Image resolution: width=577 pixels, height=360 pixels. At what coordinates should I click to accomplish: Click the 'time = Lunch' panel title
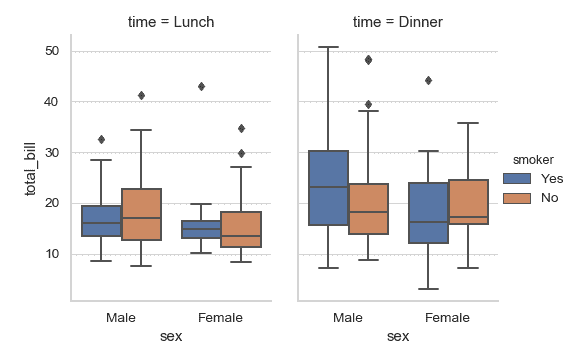click(170, 21)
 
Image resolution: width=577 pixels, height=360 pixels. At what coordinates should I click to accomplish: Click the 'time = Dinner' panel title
click(397, 21)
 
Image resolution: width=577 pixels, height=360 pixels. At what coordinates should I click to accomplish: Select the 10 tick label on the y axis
click(52, 254)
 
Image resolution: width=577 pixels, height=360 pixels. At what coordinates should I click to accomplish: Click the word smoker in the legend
click(533, 158)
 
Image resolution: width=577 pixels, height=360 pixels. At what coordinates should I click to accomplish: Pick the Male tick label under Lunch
click(122, 317)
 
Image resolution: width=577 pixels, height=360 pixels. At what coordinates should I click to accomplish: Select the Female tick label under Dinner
click(447, 317)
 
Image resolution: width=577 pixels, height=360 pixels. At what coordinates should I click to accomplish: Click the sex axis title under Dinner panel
click(397, 336)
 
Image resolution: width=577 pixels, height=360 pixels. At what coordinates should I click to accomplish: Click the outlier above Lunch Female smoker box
click(201, 87)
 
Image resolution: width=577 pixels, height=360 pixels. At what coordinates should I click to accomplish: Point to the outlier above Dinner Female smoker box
click(428, 80)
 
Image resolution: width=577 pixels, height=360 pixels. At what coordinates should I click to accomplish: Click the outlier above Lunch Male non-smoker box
click(142, 96)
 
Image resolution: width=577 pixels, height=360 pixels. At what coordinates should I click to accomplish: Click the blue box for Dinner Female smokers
click(428, 213)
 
